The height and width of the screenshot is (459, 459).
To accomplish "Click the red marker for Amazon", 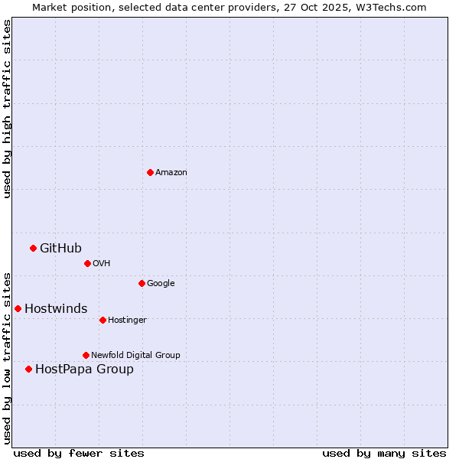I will tap(150, 172).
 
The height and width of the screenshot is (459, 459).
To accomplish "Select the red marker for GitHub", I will tap(33, 248).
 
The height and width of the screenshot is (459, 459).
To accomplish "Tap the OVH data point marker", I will tap(87, 263).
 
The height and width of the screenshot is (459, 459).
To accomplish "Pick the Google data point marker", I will tap(142, 283).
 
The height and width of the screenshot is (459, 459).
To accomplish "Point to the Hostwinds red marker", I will tap(18, 308).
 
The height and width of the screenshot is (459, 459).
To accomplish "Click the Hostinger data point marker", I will tap(103, 320).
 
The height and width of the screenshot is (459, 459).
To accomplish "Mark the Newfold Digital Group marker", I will tap(86, 355).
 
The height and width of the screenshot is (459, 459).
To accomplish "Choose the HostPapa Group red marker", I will tap(28, 369).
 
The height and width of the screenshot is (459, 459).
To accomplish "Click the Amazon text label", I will tap(171, 173).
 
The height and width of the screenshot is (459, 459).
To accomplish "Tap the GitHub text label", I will tap(60, 248).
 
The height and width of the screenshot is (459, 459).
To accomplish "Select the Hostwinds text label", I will tap(56, 308).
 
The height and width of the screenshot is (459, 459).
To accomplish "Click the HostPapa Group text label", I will tap(84, 369).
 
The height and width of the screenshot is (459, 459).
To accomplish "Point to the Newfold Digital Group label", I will tap(135, 355).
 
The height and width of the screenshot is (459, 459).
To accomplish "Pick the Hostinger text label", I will tap(127, 320).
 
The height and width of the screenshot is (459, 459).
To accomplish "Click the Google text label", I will tap(161, 284).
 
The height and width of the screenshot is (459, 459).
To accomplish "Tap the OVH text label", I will tap(101, 264).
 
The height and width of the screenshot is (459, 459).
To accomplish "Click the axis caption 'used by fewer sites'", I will tap(79, 453).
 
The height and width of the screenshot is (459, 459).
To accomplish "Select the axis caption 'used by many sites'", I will tap(384, 453).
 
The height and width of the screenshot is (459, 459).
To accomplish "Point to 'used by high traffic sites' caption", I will tap(8, 109).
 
